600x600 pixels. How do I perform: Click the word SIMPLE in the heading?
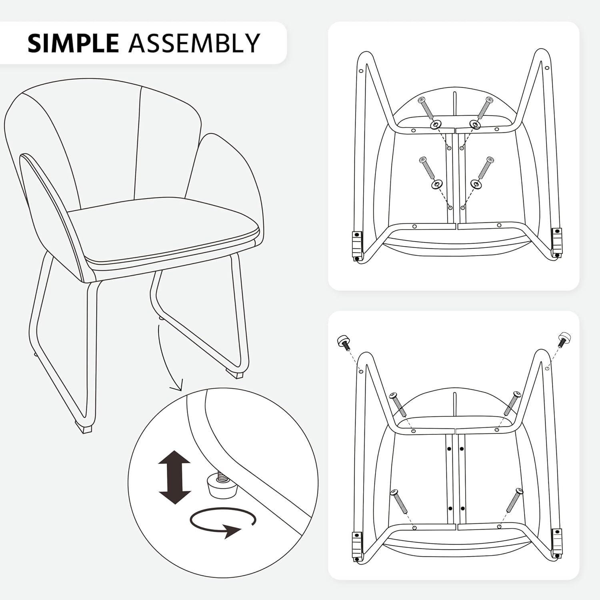click(73, 43)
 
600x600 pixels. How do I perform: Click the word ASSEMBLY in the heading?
click(194, 43)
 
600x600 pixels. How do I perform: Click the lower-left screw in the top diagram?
click(426, 168)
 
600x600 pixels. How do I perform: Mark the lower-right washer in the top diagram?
click(475, 184)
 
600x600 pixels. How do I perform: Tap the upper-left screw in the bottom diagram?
click(398, 404)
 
